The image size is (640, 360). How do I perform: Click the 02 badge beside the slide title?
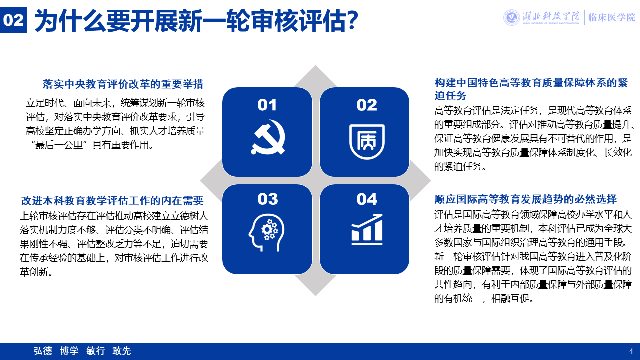(13, 20)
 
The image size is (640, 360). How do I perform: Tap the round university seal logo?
(511, 17)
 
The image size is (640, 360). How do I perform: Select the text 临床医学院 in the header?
(611, 17)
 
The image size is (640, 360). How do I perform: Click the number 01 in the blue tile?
(267, 105)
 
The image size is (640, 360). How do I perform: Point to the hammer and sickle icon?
(268, 137)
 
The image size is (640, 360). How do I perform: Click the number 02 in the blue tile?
(367, 105)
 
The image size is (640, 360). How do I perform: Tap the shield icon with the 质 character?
(367, 141)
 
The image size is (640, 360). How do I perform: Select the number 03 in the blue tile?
(267, 199)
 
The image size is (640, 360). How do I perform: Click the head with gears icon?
(267, 232)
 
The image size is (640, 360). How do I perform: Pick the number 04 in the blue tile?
(367, 199)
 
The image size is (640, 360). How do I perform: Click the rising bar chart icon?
(367, 229)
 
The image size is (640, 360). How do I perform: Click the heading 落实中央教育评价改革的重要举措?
(123, 84)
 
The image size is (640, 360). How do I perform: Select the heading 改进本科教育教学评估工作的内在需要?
(112, 201)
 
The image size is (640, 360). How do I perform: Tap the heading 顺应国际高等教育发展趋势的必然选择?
(525, 199)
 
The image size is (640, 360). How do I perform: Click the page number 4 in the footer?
(631, 351)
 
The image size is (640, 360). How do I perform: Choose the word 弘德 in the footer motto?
(43, 351)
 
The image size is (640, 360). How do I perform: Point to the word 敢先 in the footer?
(122, 351)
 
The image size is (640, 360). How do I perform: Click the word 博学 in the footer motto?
(69, 351)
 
